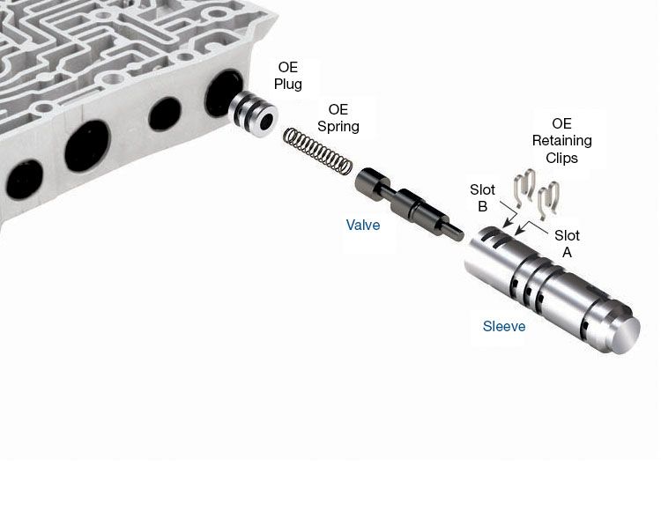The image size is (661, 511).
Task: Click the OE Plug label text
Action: click(288, 76)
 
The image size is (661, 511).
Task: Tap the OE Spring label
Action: click(338, 118)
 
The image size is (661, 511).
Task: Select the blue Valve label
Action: click(363, 225)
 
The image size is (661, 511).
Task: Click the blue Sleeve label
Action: click(504, 326)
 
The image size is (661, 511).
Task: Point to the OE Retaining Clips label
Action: click(562, 141)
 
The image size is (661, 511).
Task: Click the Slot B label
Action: click(482, 198)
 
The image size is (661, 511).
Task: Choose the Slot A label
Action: click(567, 243)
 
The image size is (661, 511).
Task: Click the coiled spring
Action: click(318, 151)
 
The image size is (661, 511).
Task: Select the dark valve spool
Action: click(409, 204)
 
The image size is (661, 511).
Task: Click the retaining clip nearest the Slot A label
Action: click(548, 200)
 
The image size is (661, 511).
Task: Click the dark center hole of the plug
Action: click(266, 122)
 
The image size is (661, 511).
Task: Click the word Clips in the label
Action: click(562, 158)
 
